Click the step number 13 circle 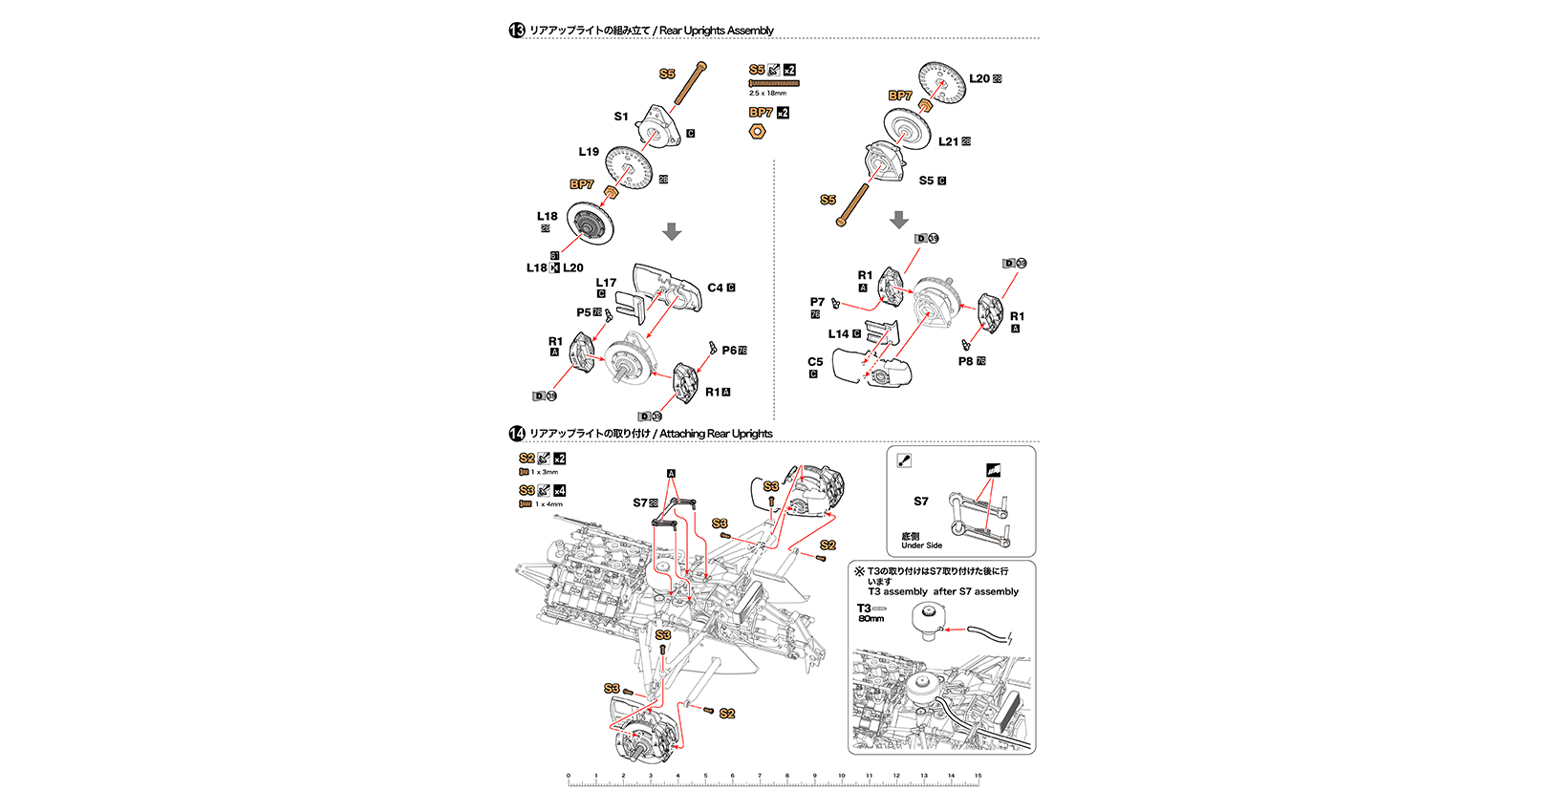pyautogui.click(x=517, y=31)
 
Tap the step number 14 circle pyautogui.click(x=517, y=434)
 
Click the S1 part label pyautogui.click(x=621, y=117)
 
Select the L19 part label pyautogui.click(x=589, y=152)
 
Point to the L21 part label pyautogui.click(x=948, y=141)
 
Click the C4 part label pyautogui.click(x=716, y=288)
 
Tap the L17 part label pyautogui.click(x=606, y=283)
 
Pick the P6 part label pyautogui.click(x=729, y=351)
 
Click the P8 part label pyautogui.click(x=965, y=361)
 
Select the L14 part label pyautogui.click(x=838, y=334)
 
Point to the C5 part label pyautogui.click(x=815, y=362)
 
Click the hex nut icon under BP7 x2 pyautogui.click(x=757, y=131)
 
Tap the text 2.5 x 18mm pyautogui.click(x=767, y=94)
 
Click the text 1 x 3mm pyautogui.click(x=544, y=472)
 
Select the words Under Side pyautogui.click(x=921, y=545)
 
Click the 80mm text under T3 pyautogui.click(x=871, y=619)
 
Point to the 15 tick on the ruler pyautogui.click(x=978, y=776)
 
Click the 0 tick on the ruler pyautogui.click(x=569, y=776)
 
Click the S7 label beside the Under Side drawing pyautogui.click(x=920, y=502)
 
